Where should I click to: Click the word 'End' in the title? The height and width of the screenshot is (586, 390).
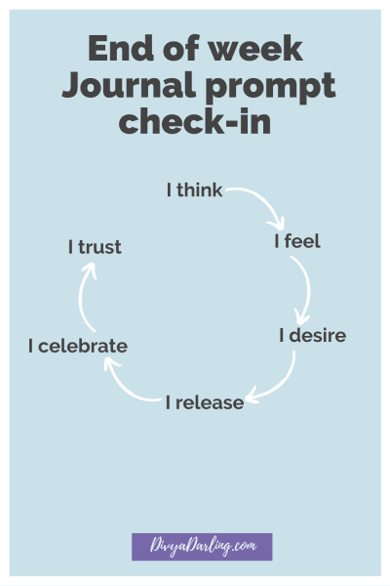coord(121,48)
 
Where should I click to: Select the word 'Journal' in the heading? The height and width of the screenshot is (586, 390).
coord(129,85)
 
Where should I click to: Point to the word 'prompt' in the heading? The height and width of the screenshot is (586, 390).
coord(271,87)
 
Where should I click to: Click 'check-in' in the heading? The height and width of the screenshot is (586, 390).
coord(195,121)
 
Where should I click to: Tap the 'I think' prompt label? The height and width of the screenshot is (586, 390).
coord(194,189)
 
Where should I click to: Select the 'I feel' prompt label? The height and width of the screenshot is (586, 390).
coord(297,240)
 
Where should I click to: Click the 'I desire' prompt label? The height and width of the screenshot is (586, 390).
coord(312,335)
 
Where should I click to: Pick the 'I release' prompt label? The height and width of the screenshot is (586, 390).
coord(205,402)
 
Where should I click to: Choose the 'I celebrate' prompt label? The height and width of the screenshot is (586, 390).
coord(78,346)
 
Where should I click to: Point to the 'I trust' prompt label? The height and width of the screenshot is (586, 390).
coord(95,247)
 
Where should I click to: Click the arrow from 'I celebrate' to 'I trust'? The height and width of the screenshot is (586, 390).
coord(81,295)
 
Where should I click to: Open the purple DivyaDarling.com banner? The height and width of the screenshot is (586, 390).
coord(202,547)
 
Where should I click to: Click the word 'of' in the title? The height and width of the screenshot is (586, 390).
coord(180,48)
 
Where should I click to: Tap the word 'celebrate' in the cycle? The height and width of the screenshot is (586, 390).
coord(83,346)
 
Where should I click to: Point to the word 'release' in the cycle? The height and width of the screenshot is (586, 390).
coord(210,402)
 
